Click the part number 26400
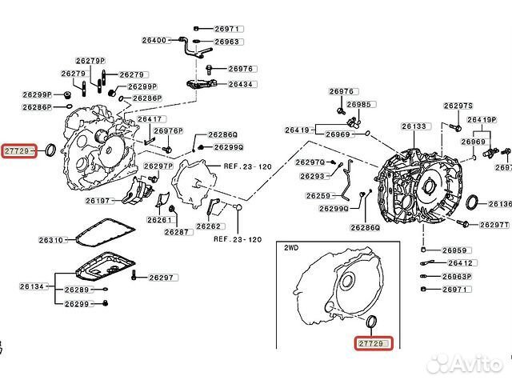(x=155, y=40)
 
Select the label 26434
(x=241, y=84)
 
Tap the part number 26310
(x=50, y=239)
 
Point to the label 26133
(x=415, y=126)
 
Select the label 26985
(x=361, y=105)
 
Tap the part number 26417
(x=150, y=119)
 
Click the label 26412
(x=460, y=262)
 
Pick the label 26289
(x=77, y=290)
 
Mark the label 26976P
(x=169, y=130)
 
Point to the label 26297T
(x=489, y=226)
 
